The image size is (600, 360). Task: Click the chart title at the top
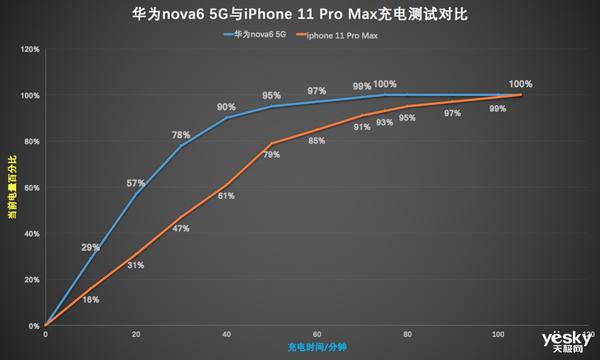pos(300,17)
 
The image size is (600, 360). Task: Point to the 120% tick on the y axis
pos(29,49)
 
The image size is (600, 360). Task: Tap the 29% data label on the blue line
pos(90,247)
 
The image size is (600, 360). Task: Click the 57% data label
pos(136,183)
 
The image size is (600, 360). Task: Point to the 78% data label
pos(181,134)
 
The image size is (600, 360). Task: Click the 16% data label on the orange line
pos(90,299)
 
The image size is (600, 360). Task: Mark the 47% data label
pos(181,229)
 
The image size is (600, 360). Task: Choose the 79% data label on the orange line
pos(271,155)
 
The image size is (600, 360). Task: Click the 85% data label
pos(317,141)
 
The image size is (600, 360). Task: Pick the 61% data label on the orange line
pos(226,196)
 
